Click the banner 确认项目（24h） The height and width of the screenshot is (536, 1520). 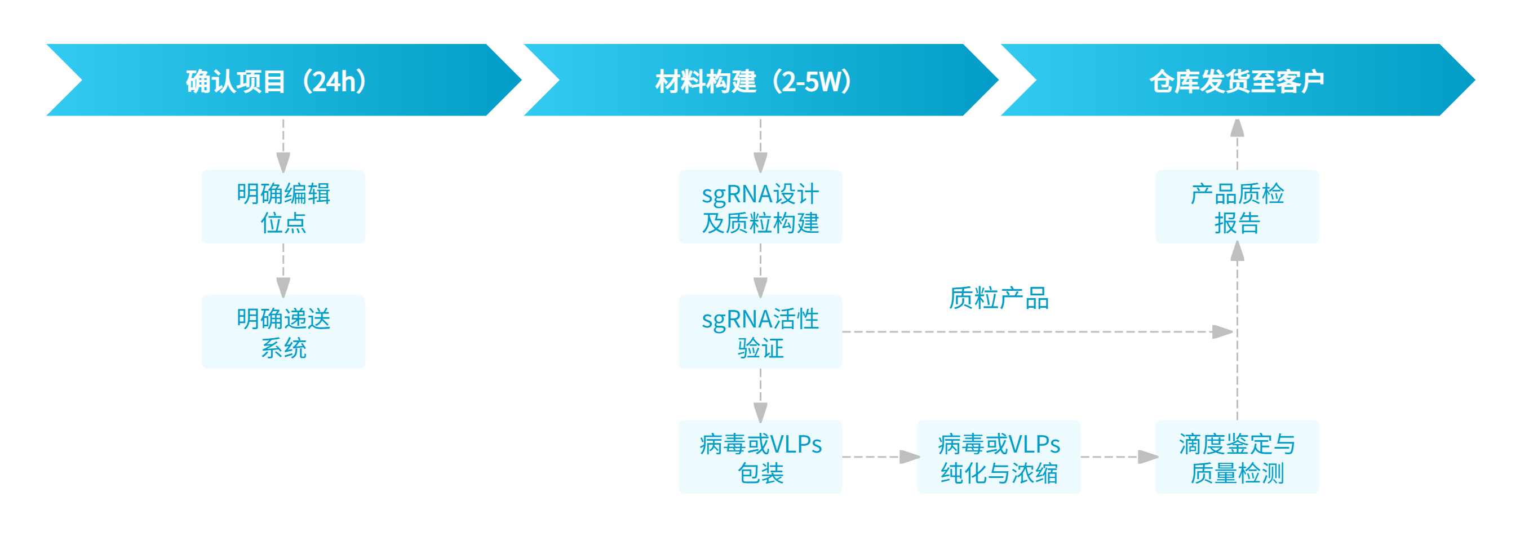(x=277, y=80)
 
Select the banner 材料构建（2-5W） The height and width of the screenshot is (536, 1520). (x=755, y=80)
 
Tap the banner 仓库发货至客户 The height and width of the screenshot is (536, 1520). (x=1236, y=80)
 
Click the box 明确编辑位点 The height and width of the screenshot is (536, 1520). (x=283, y=207)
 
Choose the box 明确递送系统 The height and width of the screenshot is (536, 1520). (x=283, y=332)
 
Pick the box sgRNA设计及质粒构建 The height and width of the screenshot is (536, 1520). (x=760, y=207)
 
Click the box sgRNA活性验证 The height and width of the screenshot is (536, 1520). (x=760, y=332)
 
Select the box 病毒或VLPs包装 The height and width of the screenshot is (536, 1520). (x=760, y=457)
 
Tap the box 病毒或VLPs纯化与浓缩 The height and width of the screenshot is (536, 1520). (x=998, y=457)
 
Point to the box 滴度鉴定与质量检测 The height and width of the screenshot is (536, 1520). (x=1237, y=457)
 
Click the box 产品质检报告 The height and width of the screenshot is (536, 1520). (x=1237, y=207)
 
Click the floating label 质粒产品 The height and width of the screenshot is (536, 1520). (x=998, y=298)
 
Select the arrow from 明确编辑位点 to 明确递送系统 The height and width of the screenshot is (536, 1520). (x=283, y=269)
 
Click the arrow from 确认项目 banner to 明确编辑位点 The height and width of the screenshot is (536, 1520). (x=283, y=145)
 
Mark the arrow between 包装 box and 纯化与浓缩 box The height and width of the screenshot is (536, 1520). (x=879, y=457)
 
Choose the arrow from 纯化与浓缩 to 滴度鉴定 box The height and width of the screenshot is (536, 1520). (x=1118, y=457)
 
